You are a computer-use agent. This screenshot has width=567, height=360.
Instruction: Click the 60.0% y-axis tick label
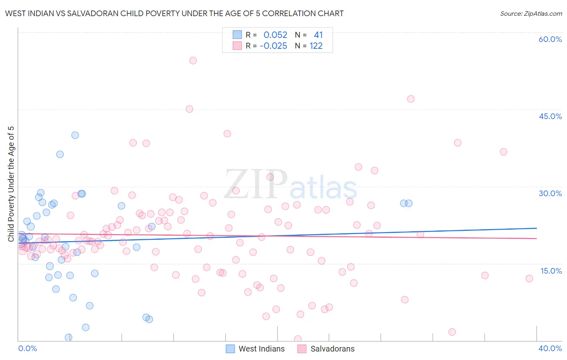(550, 39)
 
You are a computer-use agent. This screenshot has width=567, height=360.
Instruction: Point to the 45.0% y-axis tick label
(550, 116)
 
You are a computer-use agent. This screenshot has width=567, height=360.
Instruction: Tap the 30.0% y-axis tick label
(550, 193)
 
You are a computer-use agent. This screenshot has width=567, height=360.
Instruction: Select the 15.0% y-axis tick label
(551, 271)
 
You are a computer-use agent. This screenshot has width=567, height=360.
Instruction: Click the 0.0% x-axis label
(27, 348)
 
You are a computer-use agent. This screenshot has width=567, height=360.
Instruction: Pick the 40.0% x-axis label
(550, 348)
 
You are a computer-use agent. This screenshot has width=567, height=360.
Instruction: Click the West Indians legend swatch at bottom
(230, 349)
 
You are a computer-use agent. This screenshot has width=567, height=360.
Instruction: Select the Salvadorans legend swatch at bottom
(302, 349)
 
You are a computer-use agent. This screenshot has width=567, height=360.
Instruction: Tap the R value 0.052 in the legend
(275, 35)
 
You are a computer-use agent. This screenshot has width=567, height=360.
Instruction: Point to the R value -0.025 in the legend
(273, 46)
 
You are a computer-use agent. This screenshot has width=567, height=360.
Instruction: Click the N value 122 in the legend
(316, 46)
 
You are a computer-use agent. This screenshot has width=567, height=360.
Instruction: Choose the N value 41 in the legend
(318, 35)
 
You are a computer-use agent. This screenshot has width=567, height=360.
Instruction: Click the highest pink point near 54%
(193, 61)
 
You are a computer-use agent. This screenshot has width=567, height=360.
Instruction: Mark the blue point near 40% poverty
(75, 135)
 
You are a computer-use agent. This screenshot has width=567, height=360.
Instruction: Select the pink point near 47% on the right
(411, 99)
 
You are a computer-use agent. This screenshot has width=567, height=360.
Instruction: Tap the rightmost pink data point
(529, 278)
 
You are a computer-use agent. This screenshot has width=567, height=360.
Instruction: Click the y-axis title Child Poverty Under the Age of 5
(11, 184)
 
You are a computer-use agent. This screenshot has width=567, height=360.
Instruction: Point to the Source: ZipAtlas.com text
(531, 14)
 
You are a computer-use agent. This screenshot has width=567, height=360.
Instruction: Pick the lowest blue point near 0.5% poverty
(69, 337)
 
